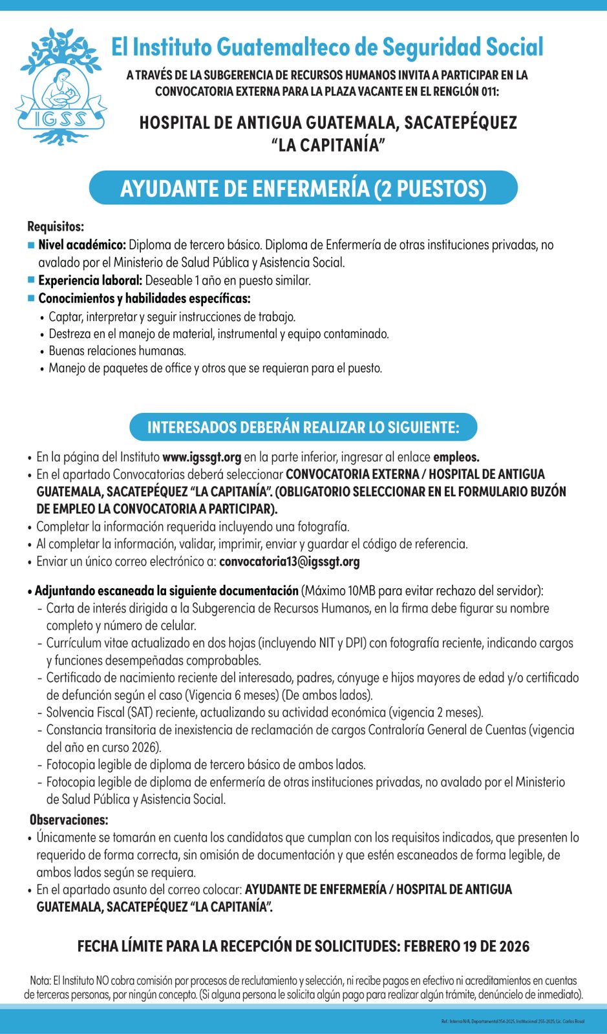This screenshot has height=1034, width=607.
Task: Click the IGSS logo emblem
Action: pyautogui.click(x=61, y=86)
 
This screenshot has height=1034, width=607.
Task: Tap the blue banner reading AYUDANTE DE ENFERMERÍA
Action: pyautogui.click(x=303, y=188)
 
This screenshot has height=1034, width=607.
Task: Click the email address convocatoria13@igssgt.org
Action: pyautogui.click(x=290, y=561)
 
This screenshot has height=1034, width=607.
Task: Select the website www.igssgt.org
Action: pyautogui.click(x=202, y=457)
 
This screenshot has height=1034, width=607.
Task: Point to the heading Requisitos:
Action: pyautogui.click(x=56, y=227)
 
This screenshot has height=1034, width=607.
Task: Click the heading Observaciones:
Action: pyautogui.click(x=69, y=819)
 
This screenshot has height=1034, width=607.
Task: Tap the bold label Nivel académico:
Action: pyautogui.click(x=82, y=245)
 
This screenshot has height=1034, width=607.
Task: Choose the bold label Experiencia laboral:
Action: pyautogui.click(x=90, y=280)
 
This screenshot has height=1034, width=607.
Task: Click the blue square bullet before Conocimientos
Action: pyautogui.click(x=31, y=298)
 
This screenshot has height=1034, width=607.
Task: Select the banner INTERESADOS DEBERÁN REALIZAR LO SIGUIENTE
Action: pyautogui.click(x=303, y=427)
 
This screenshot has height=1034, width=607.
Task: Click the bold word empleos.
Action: pyautogui.click(x=456, y=457)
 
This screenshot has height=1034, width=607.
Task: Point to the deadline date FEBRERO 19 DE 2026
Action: pyautogui.click(x=466, y=946)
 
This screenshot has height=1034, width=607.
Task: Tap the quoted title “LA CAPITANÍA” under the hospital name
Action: pyautogui.click(x=328, y=144)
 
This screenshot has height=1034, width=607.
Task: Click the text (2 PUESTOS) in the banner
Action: pyautogui.click(x=430, y=189)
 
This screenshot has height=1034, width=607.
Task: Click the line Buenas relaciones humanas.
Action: pyautogui.click(x=117, y=351)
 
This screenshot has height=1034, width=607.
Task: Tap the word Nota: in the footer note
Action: pyautogui.click(x=40, y=980)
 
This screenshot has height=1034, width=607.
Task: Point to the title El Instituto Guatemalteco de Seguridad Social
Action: pyautogui.click(x=327, y=47)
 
